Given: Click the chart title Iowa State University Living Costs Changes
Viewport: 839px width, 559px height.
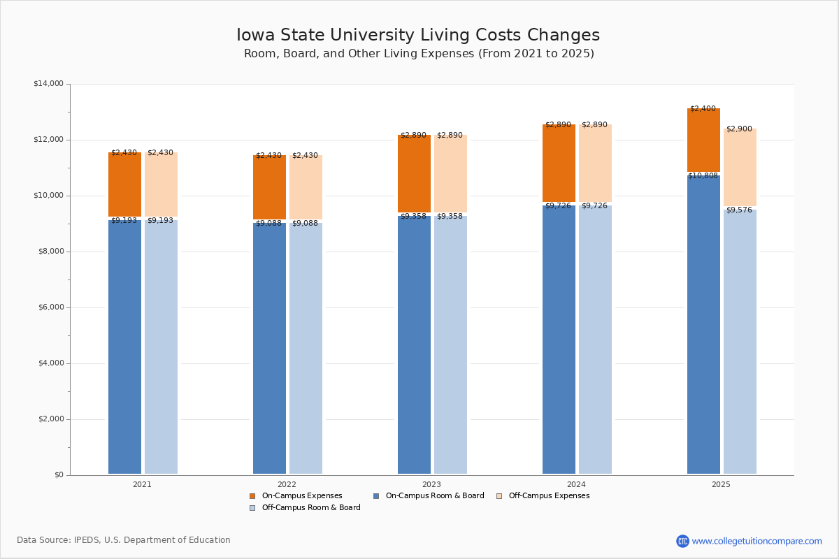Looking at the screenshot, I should click(x=418, y=36).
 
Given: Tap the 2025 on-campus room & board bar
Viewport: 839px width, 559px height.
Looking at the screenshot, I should click(x=703, y=325).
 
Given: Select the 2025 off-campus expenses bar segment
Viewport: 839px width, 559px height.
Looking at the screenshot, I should click(x=740, y=168).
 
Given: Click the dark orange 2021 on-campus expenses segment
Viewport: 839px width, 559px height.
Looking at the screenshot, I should click(x=124, y=184).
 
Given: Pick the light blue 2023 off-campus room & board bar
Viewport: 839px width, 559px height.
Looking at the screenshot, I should click(x=450, y=345).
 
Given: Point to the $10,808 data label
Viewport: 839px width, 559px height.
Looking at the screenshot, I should click(x=703, y=176).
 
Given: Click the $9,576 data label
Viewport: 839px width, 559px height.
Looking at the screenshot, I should click(x=739, y=210).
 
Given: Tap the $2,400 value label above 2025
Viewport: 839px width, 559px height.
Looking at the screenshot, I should click(x=703, y=109).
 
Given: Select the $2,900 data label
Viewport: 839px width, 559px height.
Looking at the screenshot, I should click(x=739, y=129).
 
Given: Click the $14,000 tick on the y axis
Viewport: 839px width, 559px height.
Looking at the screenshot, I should click(x=48, y=84).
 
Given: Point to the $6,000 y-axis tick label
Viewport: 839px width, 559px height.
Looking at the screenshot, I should click(x=48, y=307).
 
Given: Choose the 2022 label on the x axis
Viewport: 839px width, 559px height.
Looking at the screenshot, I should click(x=287, y=484).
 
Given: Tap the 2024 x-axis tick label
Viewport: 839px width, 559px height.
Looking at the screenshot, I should click(x=576, y=484).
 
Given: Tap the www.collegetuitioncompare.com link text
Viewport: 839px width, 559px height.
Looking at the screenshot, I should click(x=756, y=541).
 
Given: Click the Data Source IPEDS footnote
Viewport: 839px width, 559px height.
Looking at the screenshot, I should click(x=124, y=540).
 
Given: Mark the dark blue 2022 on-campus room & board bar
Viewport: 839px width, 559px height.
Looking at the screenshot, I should click(x=269, y=348).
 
